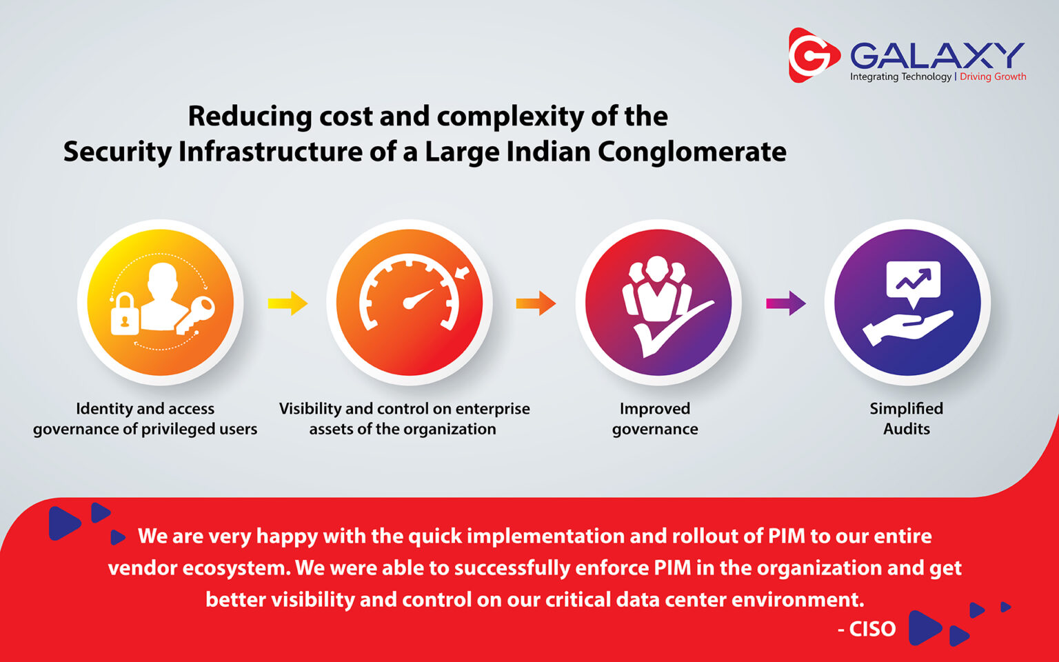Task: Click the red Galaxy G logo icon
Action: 813,55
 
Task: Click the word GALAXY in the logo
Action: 937,55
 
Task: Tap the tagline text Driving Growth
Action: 993,77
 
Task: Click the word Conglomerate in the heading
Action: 692,152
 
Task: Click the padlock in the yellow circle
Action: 125,314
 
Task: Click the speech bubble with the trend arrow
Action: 913,283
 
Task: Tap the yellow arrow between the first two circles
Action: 288,303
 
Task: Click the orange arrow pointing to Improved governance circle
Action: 536,303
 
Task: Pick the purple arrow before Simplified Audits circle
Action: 786,303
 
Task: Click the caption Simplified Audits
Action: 907,419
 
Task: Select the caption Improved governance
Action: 655,419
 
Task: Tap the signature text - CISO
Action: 867,630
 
